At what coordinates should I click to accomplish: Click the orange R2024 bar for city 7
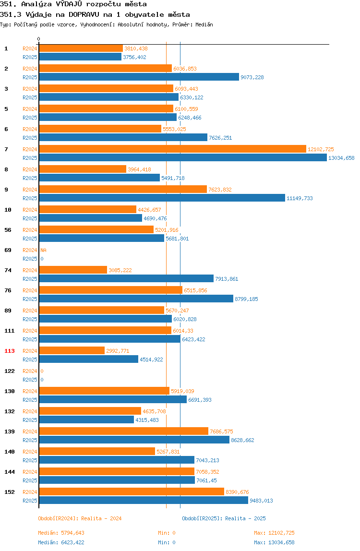pos(173,149)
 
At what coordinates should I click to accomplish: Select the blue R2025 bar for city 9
pos(162,198)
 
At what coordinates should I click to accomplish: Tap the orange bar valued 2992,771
pos(72,350)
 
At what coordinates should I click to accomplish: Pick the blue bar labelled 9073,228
pos(139,77)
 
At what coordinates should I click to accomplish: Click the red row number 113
pos(10,351)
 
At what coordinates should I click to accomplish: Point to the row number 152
pos(10,492)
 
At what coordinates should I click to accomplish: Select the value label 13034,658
pos(341,158)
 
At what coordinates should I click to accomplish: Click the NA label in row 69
pos(43,250)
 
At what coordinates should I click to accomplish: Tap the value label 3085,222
pos(120,270)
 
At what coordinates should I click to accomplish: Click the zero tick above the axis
pos(39,39)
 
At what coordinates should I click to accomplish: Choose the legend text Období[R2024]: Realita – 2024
pos(80,518)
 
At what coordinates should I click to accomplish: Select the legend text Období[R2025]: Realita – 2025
pos(224,518)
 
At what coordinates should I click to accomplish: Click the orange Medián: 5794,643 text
pos(61,533)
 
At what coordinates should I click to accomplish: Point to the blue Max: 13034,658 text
pos(274,542)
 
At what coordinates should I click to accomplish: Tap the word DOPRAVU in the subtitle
pos(84,14)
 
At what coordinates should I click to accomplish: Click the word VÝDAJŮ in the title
pos(69,4)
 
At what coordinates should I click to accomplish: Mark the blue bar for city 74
pos(126,279)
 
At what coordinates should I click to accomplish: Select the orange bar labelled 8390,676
pos(132,491)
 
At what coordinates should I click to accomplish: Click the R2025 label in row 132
pos(30,420)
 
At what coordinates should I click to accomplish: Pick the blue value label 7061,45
pos(207,480)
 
